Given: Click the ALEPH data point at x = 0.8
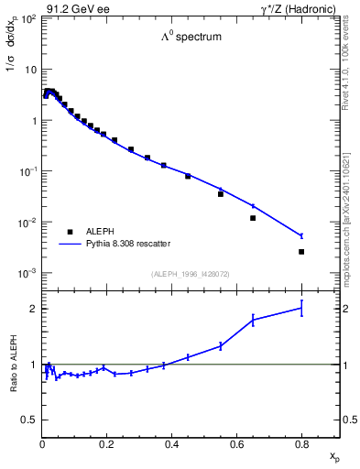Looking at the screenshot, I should [x=301, y=252].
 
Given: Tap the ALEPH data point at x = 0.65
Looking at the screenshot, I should [x=253, y=218].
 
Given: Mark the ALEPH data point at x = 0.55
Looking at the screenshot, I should [x=221, y=194].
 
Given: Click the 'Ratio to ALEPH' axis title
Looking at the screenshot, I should [x=14, y=365].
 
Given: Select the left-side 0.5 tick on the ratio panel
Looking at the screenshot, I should [x=31, y=420].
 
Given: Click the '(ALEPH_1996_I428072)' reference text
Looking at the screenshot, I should [x=190, y=274].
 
